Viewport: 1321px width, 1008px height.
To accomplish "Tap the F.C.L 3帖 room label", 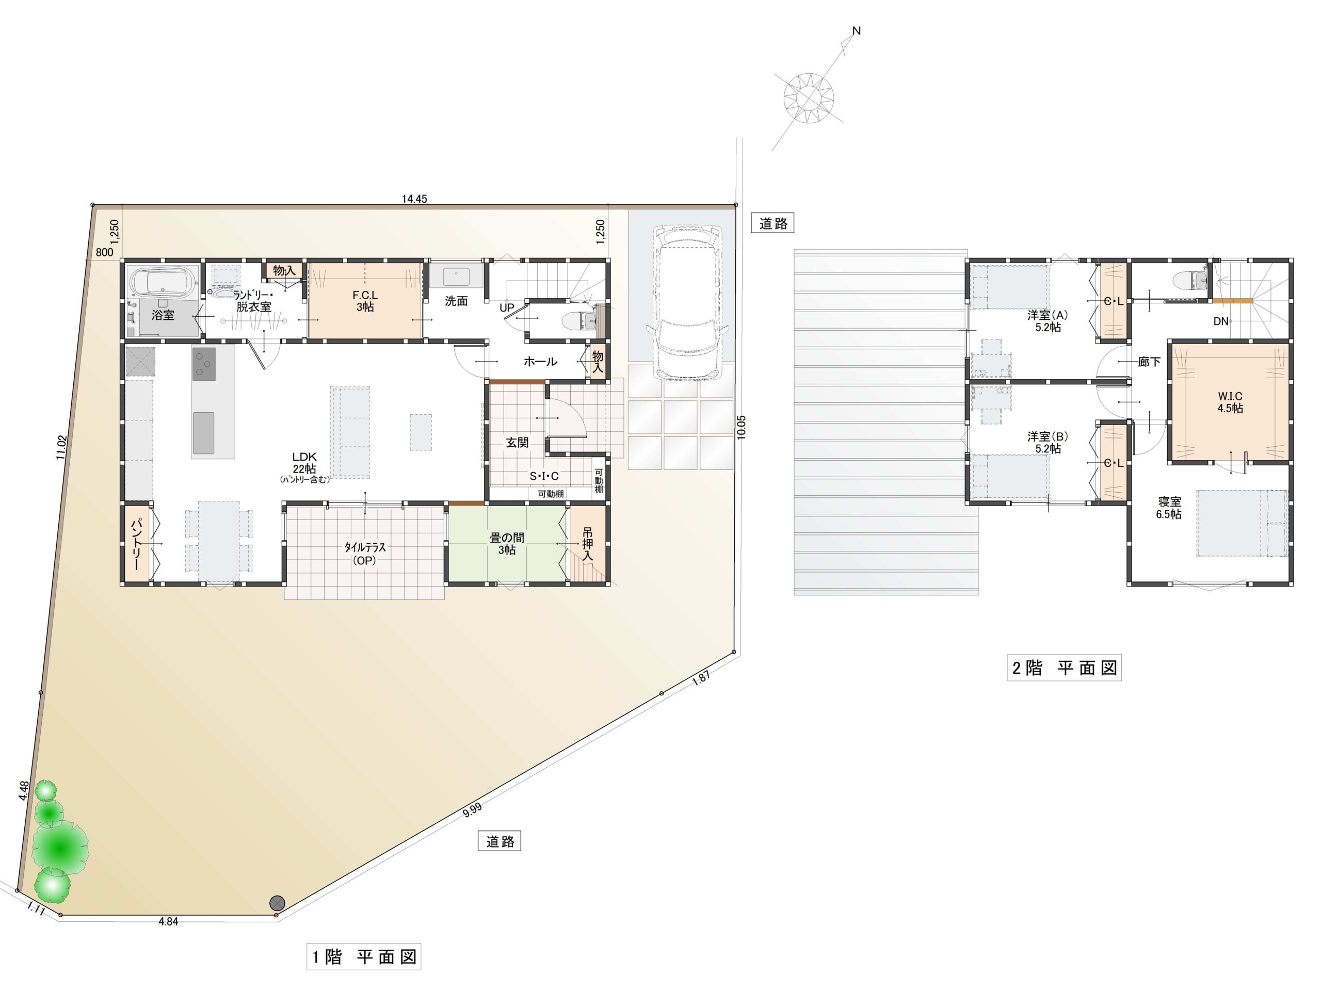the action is tap(364, 301).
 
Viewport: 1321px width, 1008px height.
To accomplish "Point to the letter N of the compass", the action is tap(857, 30).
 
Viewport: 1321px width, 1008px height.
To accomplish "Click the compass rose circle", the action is tap(809, 97).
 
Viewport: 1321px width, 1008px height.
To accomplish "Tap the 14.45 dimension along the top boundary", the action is tap(414, 199).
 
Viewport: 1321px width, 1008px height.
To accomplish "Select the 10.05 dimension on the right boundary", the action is tap(741, 427).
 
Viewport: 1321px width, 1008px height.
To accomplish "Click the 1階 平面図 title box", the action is tap(363, 956).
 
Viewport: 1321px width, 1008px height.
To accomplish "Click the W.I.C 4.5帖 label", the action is tap(1230, 402).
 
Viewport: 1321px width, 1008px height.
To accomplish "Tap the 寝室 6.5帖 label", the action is tap(1169, 508).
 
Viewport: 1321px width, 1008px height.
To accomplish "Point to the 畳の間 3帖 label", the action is tap(507, 544).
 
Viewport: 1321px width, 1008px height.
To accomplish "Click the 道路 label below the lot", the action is tap(500, 841).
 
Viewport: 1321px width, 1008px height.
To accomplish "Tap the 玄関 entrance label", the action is tap(517, 443).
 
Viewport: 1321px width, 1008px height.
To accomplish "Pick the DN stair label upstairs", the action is tap(1221, 321).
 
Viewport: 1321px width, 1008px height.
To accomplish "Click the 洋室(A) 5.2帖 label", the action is tap(1048, 321).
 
